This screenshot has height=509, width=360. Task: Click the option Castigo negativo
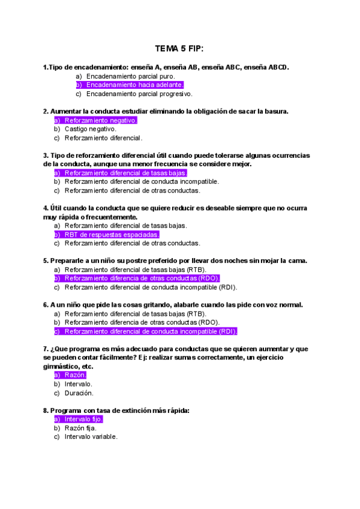point(91,129)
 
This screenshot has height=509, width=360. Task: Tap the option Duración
point(79,393)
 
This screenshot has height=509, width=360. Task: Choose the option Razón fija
point(80,428)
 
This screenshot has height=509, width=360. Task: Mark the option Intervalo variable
point(91,437)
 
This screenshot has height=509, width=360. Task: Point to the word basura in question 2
point(275,112)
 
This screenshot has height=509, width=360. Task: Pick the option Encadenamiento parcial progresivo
point(139,94)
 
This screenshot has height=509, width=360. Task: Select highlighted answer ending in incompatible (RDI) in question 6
point(151,331)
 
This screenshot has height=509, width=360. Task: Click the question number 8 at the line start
point(46,411)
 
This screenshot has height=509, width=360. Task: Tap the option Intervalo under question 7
point(79,384)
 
